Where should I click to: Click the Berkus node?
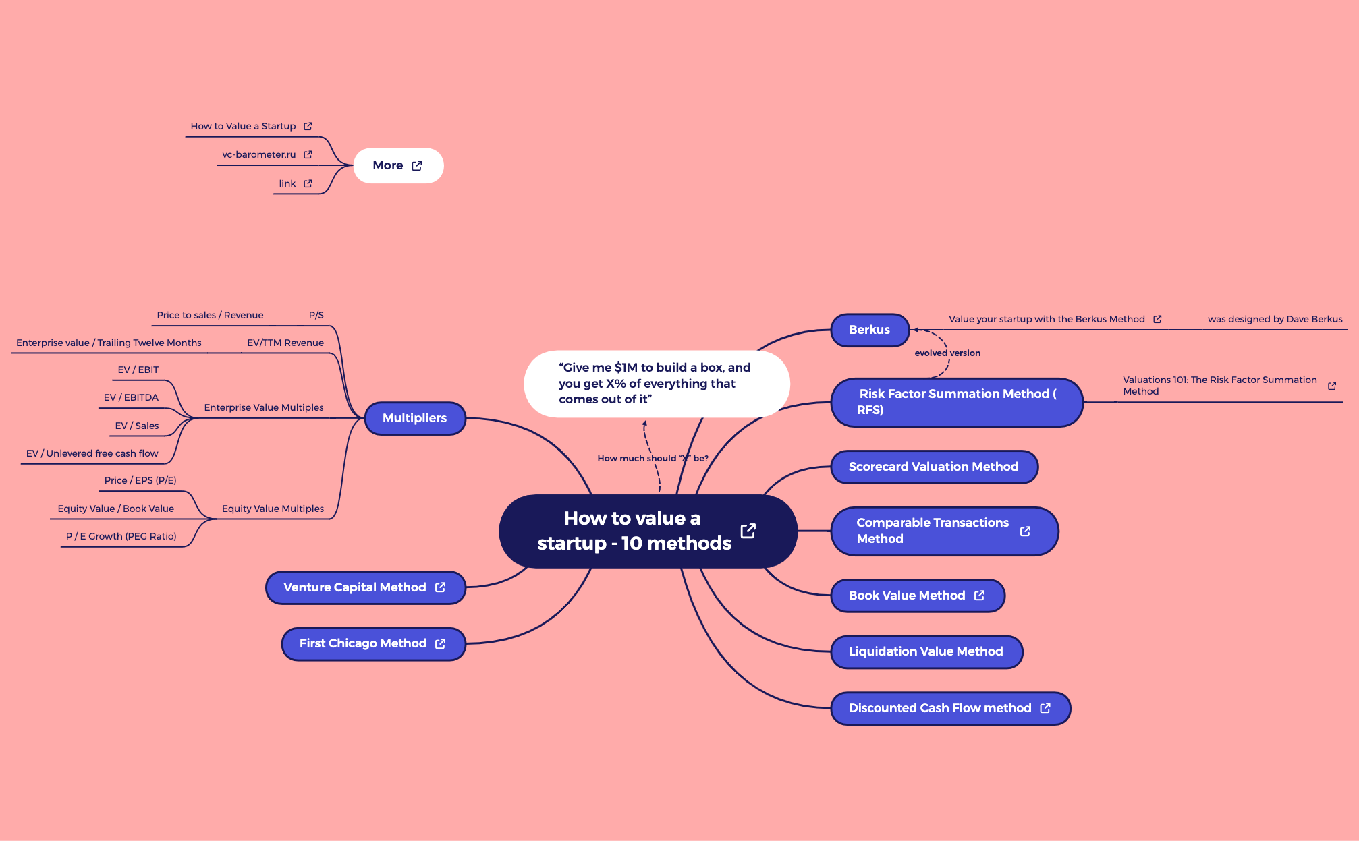tap(869, 330)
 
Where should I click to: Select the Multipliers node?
tap(414, 418)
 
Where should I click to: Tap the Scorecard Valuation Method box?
tap(933, 467)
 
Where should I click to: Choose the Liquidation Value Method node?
tap(925, 651)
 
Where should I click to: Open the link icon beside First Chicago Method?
tap(441, 644)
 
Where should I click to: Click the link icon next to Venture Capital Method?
tap(441, 587)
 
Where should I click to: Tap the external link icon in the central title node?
tap(748, 531)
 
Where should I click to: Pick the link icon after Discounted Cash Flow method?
tap(1045, 708)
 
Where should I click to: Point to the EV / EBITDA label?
tap(131, 397)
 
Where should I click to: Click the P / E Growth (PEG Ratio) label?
tap(121, 536)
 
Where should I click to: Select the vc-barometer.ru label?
tap(259, 154)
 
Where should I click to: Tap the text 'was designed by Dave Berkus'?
tap(1275, 319)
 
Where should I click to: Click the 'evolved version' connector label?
tap(947, 353)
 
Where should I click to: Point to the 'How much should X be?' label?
tap(653, 458)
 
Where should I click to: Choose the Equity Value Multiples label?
tap(273, 509)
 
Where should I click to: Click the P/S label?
tap(316, 315)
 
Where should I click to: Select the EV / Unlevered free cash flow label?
tap(92, 453)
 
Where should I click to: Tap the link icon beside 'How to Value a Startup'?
tap(308, 126)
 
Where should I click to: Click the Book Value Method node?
tap(906, 596)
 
